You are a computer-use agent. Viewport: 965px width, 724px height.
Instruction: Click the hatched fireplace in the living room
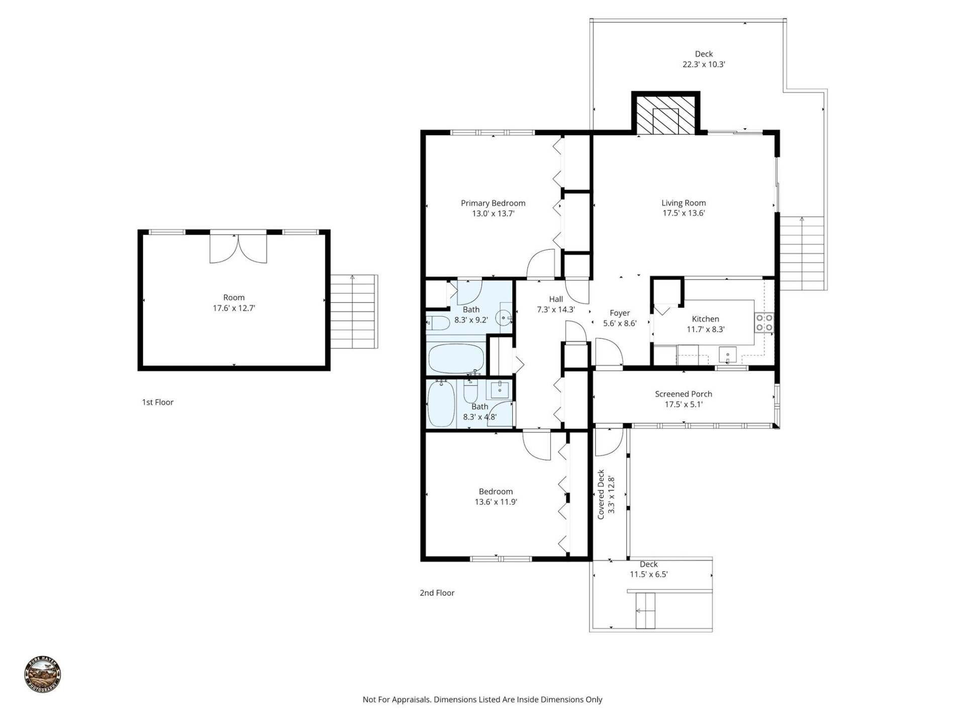pos(665,115)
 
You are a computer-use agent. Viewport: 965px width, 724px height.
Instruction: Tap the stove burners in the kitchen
pos(764,323)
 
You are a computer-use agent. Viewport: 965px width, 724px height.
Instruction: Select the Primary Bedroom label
pos(493,203)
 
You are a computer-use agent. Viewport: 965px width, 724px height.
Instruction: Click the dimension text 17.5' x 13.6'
pos(683,213)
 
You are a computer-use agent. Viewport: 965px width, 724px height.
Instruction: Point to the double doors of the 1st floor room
pos(238,247)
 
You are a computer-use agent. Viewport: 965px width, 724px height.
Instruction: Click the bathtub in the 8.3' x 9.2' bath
pos(455,358)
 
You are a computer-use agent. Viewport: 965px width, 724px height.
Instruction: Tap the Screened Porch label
pos(683,394)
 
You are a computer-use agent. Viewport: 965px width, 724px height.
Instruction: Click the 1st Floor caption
pos(157,402)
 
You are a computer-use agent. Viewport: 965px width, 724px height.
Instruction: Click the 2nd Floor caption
pos(437,593)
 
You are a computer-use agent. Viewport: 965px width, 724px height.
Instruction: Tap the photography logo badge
pos(43,674)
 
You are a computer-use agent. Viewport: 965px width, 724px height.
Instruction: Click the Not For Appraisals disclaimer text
pos(482,699)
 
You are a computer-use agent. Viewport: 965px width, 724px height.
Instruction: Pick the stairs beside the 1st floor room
pos(354,312)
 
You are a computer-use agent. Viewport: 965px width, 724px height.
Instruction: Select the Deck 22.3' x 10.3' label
pos(704,59)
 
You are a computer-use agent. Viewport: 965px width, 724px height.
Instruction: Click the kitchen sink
pos(727,354)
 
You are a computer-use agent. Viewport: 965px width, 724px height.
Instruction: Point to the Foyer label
pos(620,313)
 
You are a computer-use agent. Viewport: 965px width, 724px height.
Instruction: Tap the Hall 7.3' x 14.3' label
pos(555,304)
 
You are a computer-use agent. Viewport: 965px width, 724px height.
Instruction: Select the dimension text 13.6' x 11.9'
pos(496,502)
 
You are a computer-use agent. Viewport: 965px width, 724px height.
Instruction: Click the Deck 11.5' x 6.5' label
pos(648,569)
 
